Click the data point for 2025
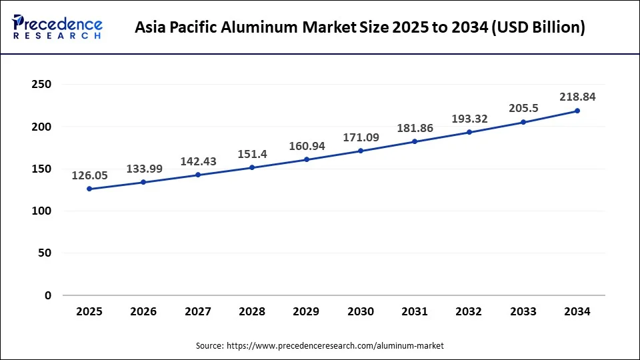coord(89,189)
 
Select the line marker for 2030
coord(361,151)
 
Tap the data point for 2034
coord(577,111)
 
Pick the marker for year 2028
coord(252,167)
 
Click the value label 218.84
coord(577,97)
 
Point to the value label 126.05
coord(90,175)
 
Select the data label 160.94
coord(307,146)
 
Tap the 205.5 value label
coord(523,109)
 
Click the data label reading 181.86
coord(415,127)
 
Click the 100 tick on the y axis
coord(41,211)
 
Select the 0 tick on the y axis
coord(48,295)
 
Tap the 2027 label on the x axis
coord(198,311)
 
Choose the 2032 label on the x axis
coord(469,311)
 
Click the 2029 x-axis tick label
coord(307,311)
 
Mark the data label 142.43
coord(198,161)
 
